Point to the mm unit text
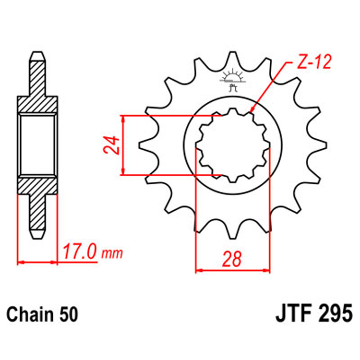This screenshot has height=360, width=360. point(111,252)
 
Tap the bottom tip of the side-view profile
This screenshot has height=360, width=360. point(38,237)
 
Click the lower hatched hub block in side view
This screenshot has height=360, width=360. point(38,185)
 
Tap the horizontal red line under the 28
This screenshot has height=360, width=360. point(232,271)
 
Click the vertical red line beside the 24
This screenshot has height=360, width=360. point(124,145)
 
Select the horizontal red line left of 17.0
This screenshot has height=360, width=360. point(38,262)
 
